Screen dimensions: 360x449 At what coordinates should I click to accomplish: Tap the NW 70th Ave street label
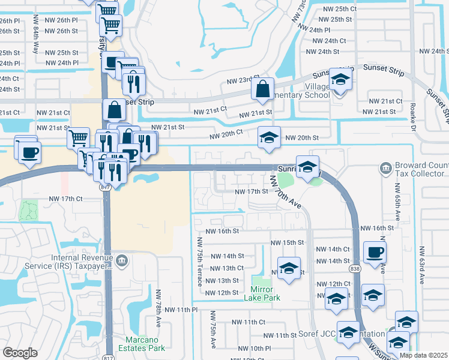286,192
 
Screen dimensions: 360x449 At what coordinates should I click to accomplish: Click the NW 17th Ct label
65,199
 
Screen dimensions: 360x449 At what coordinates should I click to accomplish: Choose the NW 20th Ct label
226,133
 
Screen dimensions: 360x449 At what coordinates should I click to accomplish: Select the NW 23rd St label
243,81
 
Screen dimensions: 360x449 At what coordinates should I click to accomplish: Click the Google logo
20,353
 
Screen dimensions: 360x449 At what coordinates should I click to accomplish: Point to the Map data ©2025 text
423,355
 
